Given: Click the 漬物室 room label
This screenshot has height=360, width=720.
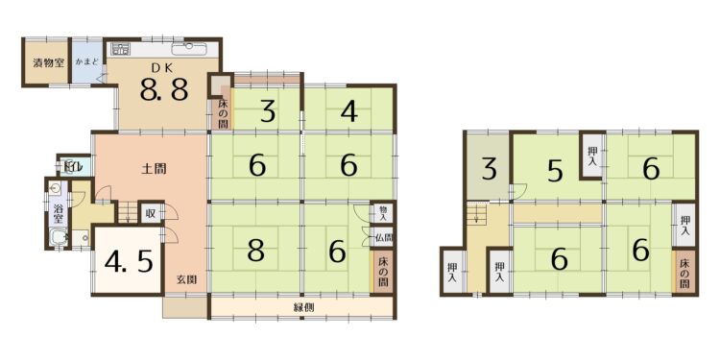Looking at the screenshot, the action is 48,63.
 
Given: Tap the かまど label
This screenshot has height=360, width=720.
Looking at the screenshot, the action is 87,61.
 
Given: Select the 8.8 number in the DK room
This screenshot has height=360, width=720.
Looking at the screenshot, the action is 164,90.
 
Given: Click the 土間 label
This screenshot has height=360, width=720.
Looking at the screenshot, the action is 154,169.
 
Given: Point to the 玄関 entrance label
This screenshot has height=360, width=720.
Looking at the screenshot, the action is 187,279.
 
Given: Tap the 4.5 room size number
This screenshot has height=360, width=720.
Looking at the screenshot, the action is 129,263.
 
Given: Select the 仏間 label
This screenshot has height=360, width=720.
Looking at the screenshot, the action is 383,238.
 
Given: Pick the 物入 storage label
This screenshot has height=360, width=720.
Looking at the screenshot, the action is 383,212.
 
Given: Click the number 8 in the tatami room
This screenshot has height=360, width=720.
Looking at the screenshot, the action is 255,252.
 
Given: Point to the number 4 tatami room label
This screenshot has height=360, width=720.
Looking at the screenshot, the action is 349,111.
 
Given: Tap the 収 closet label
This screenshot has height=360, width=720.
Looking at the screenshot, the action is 151,213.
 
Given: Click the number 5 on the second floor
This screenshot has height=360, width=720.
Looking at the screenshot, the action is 555,171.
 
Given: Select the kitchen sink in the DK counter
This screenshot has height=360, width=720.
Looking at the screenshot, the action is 189,48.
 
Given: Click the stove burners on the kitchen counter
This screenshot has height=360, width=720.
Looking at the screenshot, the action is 121,48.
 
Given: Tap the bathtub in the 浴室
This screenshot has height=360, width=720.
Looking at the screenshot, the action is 60,237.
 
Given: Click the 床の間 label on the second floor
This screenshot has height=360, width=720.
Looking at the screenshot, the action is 684,274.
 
